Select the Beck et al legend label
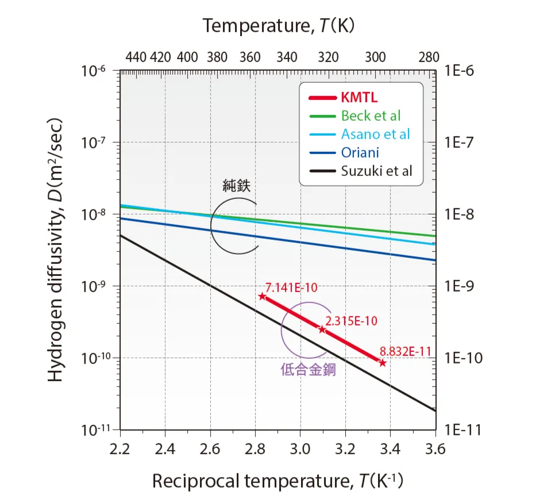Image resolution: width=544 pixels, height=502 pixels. click(x=371, y=116)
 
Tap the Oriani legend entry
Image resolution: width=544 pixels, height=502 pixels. click(x=360, y=152)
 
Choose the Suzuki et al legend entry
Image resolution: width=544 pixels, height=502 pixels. click(x=377, y=171)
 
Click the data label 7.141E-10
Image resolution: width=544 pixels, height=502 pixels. click(x=292, y=288)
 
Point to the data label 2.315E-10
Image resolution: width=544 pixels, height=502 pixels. click(x=351, y=321)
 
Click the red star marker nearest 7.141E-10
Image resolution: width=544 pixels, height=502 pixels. click(x=263, y=296)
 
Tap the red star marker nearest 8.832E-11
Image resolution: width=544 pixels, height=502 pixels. click(x=382, y=362)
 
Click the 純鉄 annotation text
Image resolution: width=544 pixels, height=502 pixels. click(x=237, y=186)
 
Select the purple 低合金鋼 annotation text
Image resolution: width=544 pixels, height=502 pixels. click(x=308, y=370)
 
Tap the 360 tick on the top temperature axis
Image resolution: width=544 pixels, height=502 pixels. click(x=250, y=58)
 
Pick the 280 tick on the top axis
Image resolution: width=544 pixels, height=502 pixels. click(x=429, y=58)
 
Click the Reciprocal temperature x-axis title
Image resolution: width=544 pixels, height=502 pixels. click(x=277, y=481)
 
